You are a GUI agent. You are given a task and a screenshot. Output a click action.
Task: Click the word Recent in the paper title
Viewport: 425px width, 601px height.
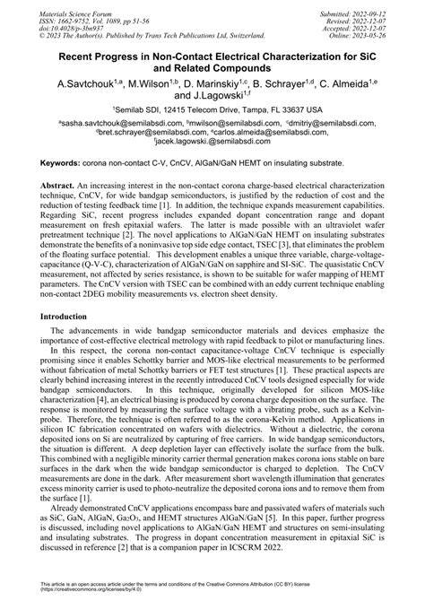79,55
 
